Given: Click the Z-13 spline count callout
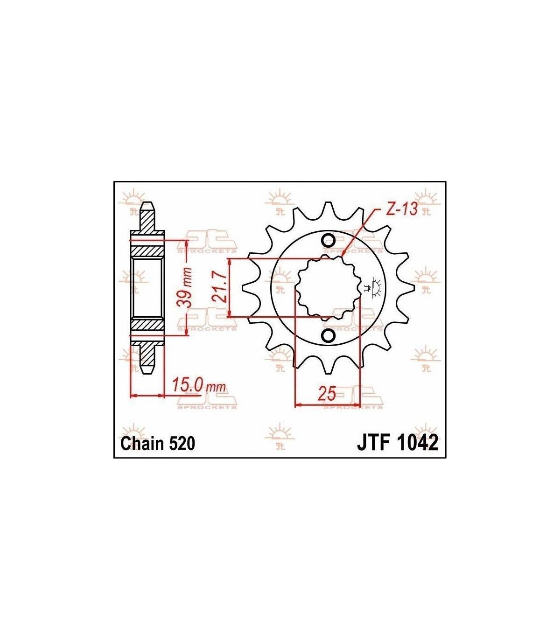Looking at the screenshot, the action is point(401,209).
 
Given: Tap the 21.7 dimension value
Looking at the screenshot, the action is point(219,287).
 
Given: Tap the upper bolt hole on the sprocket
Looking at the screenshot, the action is point(328,240).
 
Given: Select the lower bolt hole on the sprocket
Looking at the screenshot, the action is point(328,336).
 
